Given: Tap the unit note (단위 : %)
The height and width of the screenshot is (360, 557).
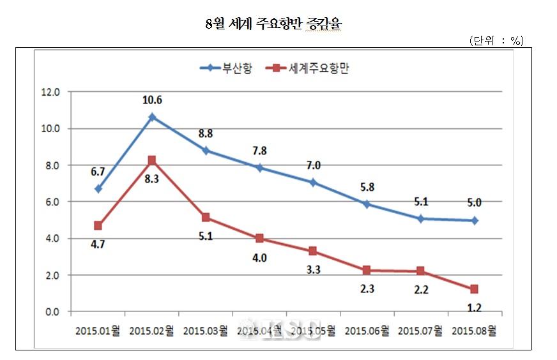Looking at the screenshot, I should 496,41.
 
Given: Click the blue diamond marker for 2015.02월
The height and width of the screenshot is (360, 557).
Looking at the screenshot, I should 151,117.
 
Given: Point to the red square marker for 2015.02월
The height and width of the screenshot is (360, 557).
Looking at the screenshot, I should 151,160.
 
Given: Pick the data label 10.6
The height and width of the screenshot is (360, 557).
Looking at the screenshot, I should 151,100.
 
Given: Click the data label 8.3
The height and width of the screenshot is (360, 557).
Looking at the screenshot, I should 151,180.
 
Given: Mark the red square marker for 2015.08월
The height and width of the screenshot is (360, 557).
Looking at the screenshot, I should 474,289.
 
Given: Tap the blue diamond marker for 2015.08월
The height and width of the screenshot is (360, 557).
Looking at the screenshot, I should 474,220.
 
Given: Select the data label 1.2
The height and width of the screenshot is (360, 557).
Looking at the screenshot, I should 473,308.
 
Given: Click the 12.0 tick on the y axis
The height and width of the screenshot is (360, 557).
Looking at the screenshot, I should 50,92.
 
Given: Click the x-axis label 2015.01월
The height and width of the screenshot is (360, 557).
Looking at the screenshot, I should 98,331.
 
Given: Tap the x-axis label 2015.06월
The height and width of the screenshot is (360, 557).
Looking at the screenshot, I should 367,331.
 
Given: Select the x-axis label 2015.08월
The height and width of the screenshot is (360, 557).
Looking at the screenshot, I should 473,331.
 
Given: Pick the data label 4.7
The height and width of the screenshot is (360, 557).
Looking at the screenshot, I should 98,244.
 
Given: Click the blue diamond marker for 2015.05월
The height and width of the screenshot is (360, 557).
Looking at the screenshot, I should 313,183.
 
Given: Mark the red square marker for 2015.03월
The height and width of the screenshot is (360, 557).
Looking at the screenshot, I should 206,217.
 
